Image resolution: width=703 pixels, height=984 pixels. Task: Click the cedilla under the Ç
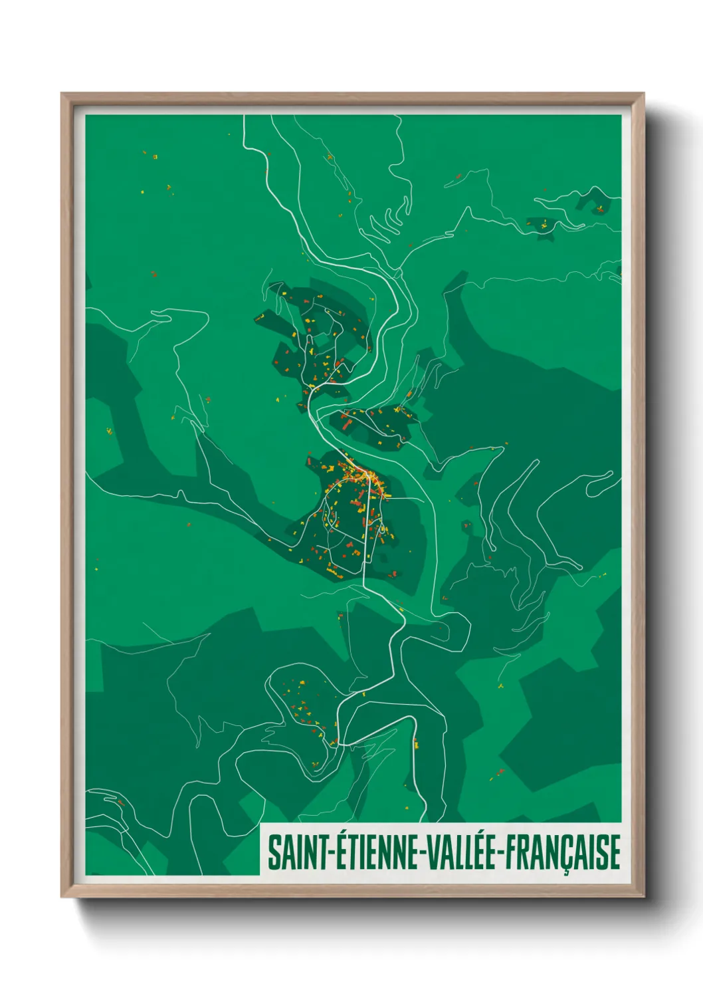[x=565, y=872]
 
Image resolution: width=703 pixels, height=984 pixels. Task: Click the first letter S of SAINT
[x=273, y=852]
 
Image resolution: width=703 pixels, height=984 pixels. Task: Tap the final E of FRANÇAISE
[x=615, y=852]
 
